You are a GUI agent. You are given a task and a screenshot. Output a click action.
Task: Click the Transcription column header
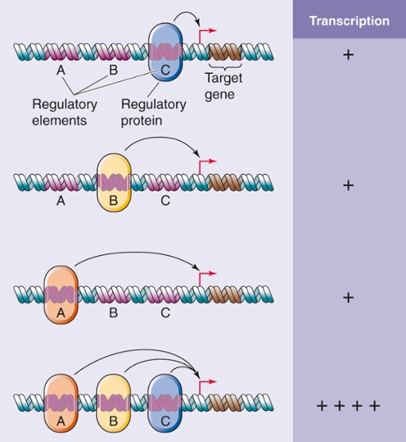pyautogui.click(x=349, y=21)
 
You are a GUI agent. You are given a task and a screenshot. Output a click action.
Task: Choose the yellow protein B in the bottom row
pyautogui.click(x=113, y=404)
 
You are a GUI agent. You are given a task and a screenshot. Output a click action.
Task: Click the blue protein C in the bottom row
pyautogui.click(x=165, y=404)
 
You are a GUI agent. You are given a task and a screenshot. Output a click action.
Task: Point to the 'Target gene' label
pyautogui.click(x=224, y=86)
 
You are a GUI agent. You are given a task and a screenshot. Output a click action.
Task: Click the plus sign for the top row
pyautogui.click(x=348, y=56)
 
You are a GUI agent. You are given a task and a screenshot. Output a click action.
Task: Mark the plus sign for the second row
pyautogui.click(x=348, y=185)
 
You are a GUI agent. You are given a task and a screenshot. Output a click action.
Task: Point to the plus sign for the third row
pyautogui.click(x=348, y=297)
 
